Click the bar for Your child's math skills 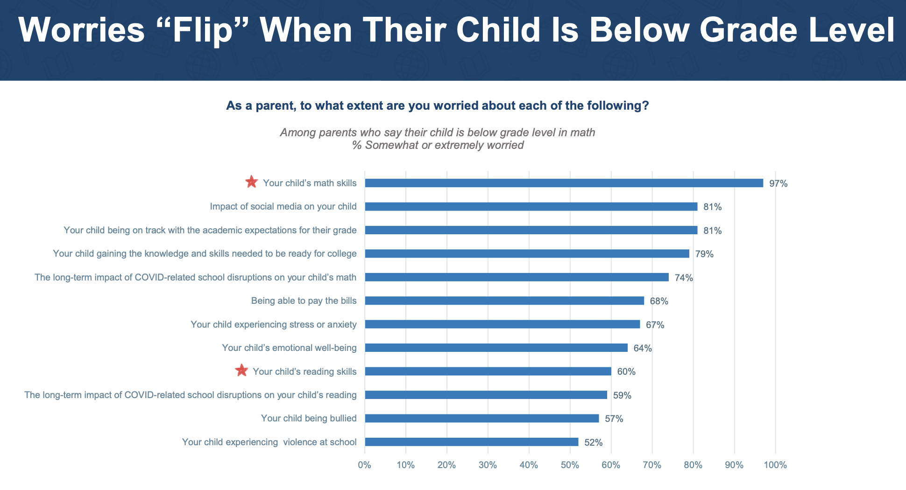tap(564, 183)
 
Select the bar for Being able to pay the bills tap(504, 301)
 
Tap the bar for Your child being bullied tap(481, 419)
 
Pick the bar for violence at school tap(471, 442)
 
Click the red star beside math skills tap(251, 182)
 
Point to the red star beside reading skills tap(241, 371)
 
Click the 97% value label tap(778, 184)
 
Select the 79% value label tap(704, 254)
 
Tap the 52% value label tap(593, 442)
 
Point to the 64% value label tap(643, 349)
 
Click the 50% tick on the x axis tap(570, 465)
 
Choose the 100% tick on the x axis tap(775, 465)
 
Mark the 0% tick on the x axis tap(364, 465)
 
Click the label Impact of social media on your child tap(283, 207)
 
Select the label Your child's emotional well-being tap(289, 348)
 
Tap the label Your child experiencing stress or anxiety tap(273, 324)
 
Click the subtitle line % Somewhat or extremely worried tap(438, 145)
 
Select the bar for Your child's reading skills tap(488, 371)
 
